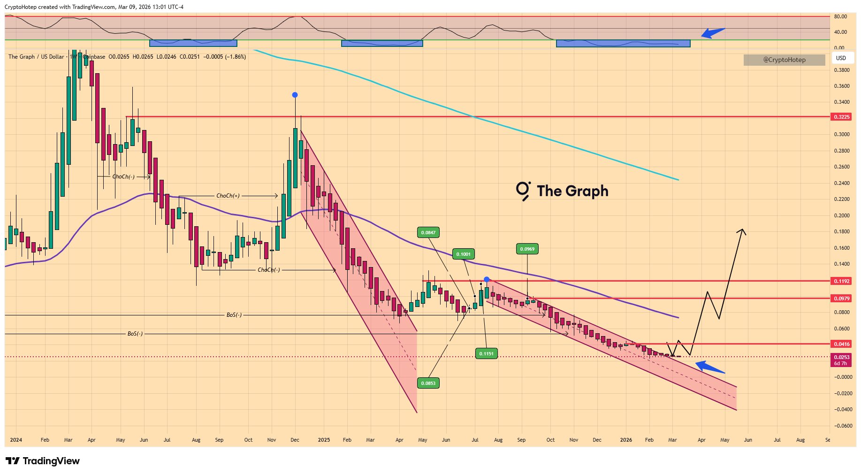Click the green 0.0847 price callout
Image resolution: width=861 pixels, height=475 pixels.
coord(428,232)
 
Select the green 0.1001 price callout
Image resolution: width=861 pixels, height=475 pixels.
coord(463,254)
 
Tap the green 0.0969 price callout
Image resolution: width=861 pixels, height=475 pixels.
coord(527,249)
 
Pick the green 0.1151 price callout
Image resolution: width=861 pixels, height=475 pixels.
coord(486,353)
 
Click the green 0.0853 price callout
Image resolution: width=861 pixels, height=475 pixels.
coord(428,383)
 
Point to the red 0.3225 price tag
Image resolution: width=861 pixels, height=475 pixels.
coord(841,117)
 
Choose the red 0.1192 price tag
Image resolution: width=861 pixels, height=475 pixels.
coord(841,281)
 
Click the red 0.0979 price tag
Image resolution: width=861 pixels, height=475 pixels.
coord(841,299)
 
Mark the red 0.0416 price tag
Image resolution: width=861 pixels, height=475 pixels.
coord(841,344)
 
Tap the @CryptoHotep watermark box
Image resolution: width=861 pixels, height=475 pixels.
coord(784,60)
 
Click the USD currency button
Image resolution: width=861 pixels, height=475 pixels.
coord(841,58)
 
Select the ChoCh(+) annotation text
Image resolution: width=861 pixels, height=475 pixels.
coord(228,196)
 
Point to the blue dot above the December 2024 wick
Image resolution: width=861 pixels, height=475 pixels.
coord(295,95)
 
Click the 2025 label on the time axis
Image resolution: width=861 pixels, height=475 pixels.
coord(324,440)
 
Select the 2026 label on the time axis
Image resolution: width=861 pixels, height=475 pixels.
coord(626,440)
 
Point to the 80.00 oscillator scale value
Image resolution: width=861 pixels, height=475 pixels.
coord(840,16)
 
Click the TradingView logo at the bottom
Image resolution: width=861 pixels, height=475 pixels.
coord(42,461)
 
